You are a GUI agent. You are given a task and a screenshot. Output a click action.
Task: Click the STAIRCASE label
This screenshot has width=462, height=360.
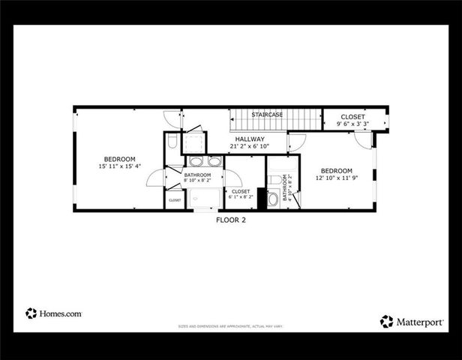(267, 114)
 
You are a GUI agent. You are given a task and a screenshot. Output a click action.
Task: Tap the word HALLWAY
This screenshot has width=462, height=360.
(250, 139)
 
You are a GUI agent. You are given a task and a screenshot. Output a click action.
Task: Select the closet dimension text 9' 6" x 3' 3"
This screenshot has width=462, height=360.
(352, 124)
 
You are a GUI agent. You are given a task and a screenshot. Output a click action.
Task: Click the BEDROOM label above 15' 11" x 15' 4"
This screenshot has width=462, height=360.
(119, 158)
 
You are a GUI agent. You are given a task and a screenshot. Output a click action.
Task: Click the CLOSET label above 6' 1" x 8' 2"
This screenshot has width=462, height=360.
(241, 191)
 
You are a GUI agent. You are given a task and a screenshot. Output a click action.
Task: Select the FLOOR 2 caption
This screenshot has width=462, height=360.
(231, 220)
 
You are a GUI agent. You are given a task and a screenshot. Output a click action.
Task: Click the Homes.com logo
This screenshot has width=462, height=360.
(53, 313)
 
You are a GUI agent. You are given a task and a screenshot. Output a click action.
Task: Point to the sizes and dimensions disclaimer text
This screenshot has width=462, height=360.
(230, 327)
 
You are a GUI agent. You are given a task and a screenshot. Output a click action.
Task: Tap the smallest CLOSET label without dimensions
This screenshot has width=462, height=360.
(175, 200)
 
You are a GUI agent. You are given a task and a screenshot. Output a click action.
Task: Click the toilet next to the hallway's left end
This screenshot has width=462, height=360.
(172, 141)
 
